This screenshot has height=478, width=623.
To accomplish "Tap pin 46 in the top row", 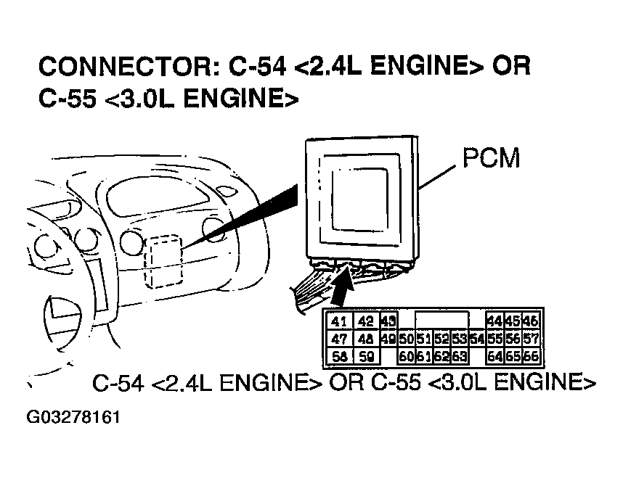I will pos(530,322).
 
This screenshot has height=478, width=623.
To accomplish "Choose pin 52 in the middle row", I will pos(441,339).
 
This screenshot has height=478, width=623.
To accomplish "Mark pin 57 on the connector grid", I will pos(530,339).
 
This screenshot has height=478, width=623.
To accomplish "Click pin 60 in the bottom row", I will pos(406,356).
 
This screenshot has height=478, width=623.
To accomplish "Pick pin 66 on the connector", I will pos(530,356).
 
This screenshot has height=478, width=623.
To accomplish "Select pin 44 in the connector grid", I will pos(495,322).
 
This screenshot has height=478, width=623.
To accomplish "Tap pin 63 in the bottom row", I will pos(458,356).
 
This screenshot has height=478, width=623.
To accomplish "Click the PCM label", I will pos(491,157).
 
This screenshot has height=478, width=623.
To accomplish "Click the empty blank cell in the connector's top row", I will pos(441,322).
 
